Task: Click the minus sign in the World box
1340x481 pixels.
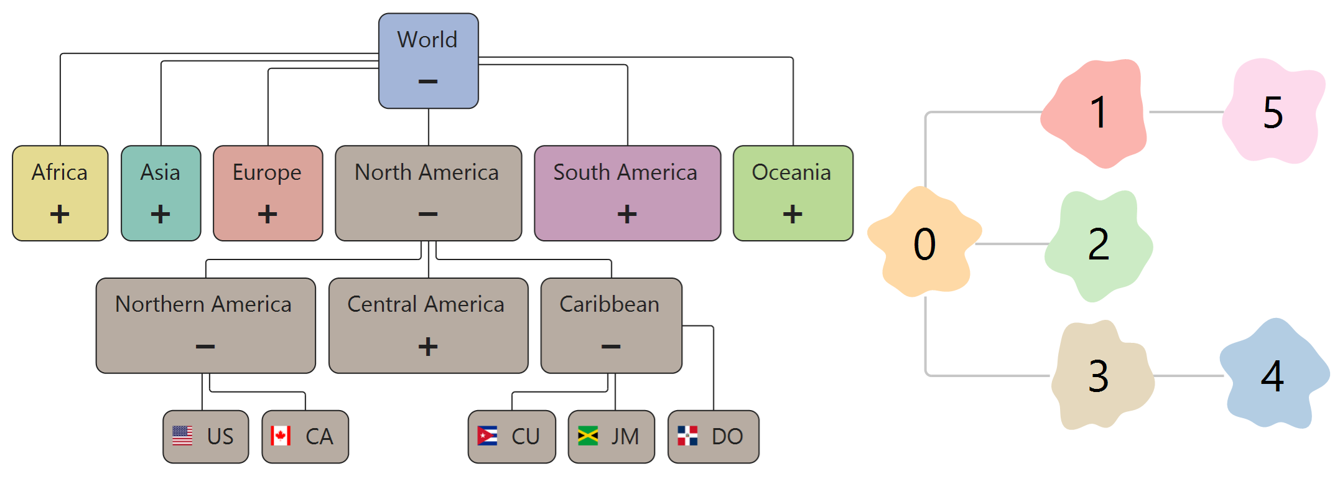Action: click(428, 82)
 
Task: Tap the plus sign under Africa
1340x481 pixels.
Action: click(60, 214)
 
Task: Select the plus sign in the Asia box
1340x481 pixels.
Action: click(161, 214)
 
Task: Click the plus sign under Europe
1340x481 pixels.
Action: click(268, 214)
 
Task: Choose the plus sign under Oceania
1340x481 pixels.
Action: click(793, 214)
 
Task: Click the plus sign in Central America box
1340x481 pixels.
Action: click(428, 346)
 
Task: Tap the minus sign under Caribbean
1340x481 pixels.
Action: click(611, 347)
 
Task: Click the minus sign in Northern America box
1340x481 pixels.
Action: click(205, 347)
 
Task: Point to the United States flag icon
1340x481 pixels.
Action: click(182, 436)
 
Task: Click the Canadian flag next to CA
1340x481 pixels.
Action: click(281, 436)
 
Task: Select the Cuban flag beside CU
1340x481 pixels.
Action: click(487, 436)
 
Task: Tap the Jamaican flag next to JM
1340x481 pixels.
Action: click(588, 436)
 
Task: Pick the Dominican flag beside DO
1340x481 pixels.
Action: click(687, 436)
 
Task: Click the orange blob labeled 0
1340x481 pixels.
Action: click(924, 243)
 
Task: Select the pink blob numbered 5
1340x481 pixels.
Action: click(1273, 112)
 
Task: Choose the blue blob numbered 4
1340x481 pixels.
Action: click(1273, 375)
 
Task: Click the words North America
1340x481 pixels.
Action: click(427, 172)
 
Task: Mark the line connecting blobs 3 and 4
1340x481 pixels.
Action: click(1188, 376)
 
